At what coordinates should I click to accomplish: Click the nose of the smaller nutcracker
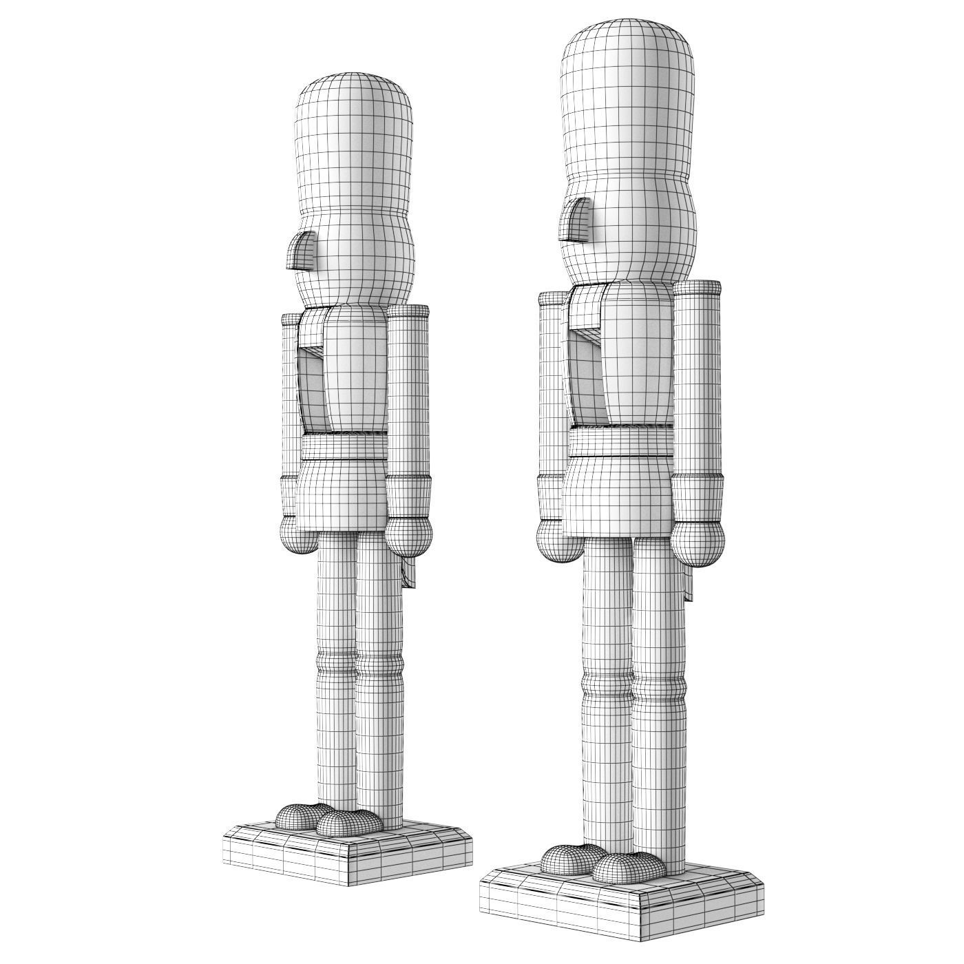pos(302,250)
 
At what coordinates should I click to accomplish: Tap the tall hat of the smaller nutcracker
pos(354,138)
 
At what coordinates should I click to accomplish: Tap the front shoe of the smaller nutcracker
pos(351,821)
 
